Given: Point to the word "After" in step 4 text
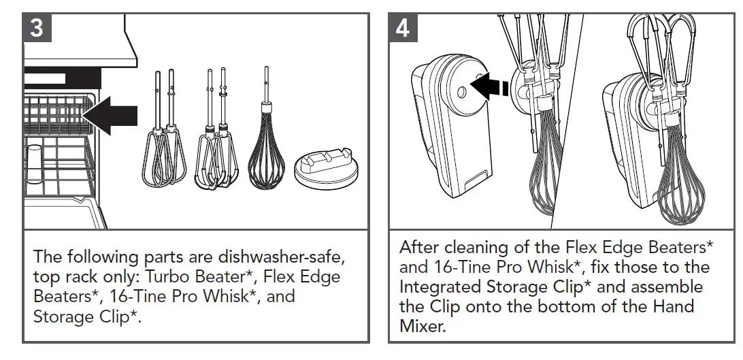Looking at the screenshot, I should click(420, 246).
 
